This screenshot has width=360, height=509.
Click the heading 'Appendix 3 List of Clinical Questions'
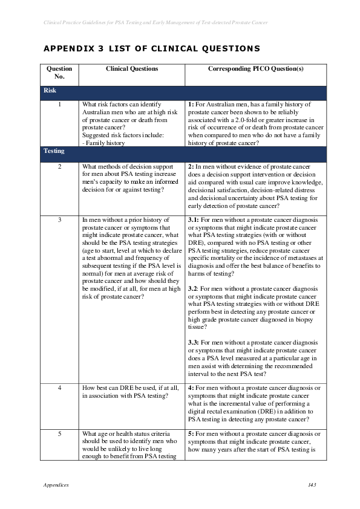click(x=151, y=48)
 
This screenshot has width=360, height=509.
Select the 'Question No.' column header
click(x=59, y=73)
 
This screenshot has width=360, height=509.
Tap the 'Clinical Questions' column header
click(x=132, y=69)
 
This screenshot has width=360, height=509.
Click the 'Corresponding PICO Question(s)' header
click(x=255, y=69)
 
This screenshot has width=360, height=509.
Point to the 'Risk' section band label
click(x=50, y=91)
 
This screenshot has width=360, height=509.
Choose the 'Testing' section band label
click(x=54, y=151)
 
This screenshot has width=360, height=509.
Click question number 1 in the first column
click(x=59, y=105)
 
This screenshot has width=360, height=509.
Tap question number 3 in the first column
click(x=59, y=220)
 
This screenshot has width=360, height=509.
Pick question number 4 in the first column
click(x=59, y=388)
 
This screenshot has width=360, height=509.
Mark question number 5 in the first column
click(x=59, y=434)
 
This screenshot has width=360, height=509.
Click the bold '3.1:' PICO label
click(x=194, y=220)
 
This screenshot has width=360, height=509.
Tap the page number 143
click(x=312, y=485)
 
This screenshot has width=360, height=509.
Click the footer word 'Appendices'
click(x=56, y=485)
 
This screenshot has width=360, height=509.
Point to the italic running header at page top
click(x=156, y=22)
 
